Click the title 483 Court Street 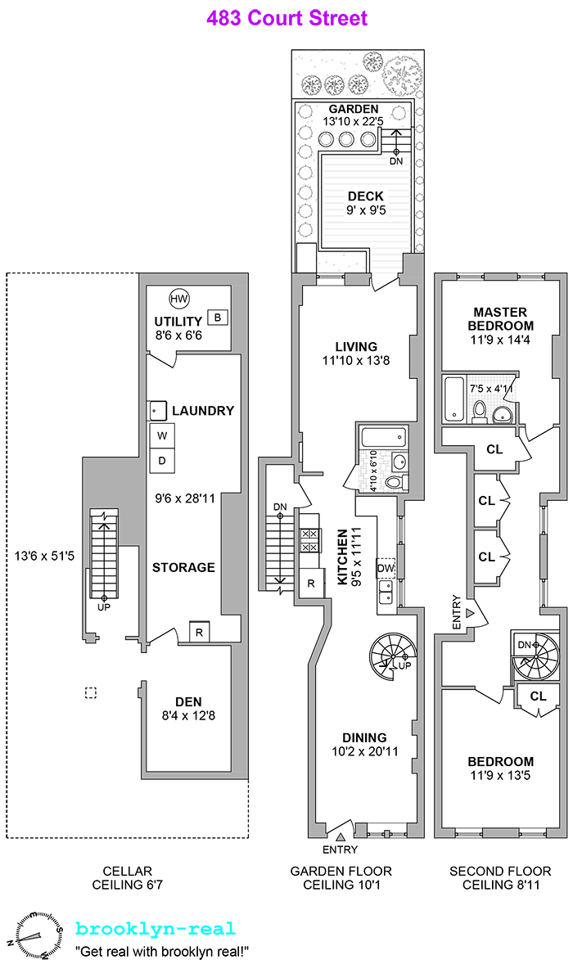(286, 18)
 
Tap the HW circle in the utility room (178, 300)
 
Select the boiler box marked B (217, 317)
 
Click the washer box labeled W (162, 435)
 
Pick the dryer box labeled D (162, 461)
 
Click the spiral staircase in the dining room (393, 656)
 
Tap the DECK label (365, 196)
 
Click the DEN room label (187, 701)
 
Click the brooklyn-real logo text (156, 929)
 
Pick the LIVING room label (354, 346)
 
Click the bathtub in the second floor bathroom (453, 399)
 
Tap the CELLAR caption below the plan (127, 871)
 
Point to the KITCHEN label (343, 557)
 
